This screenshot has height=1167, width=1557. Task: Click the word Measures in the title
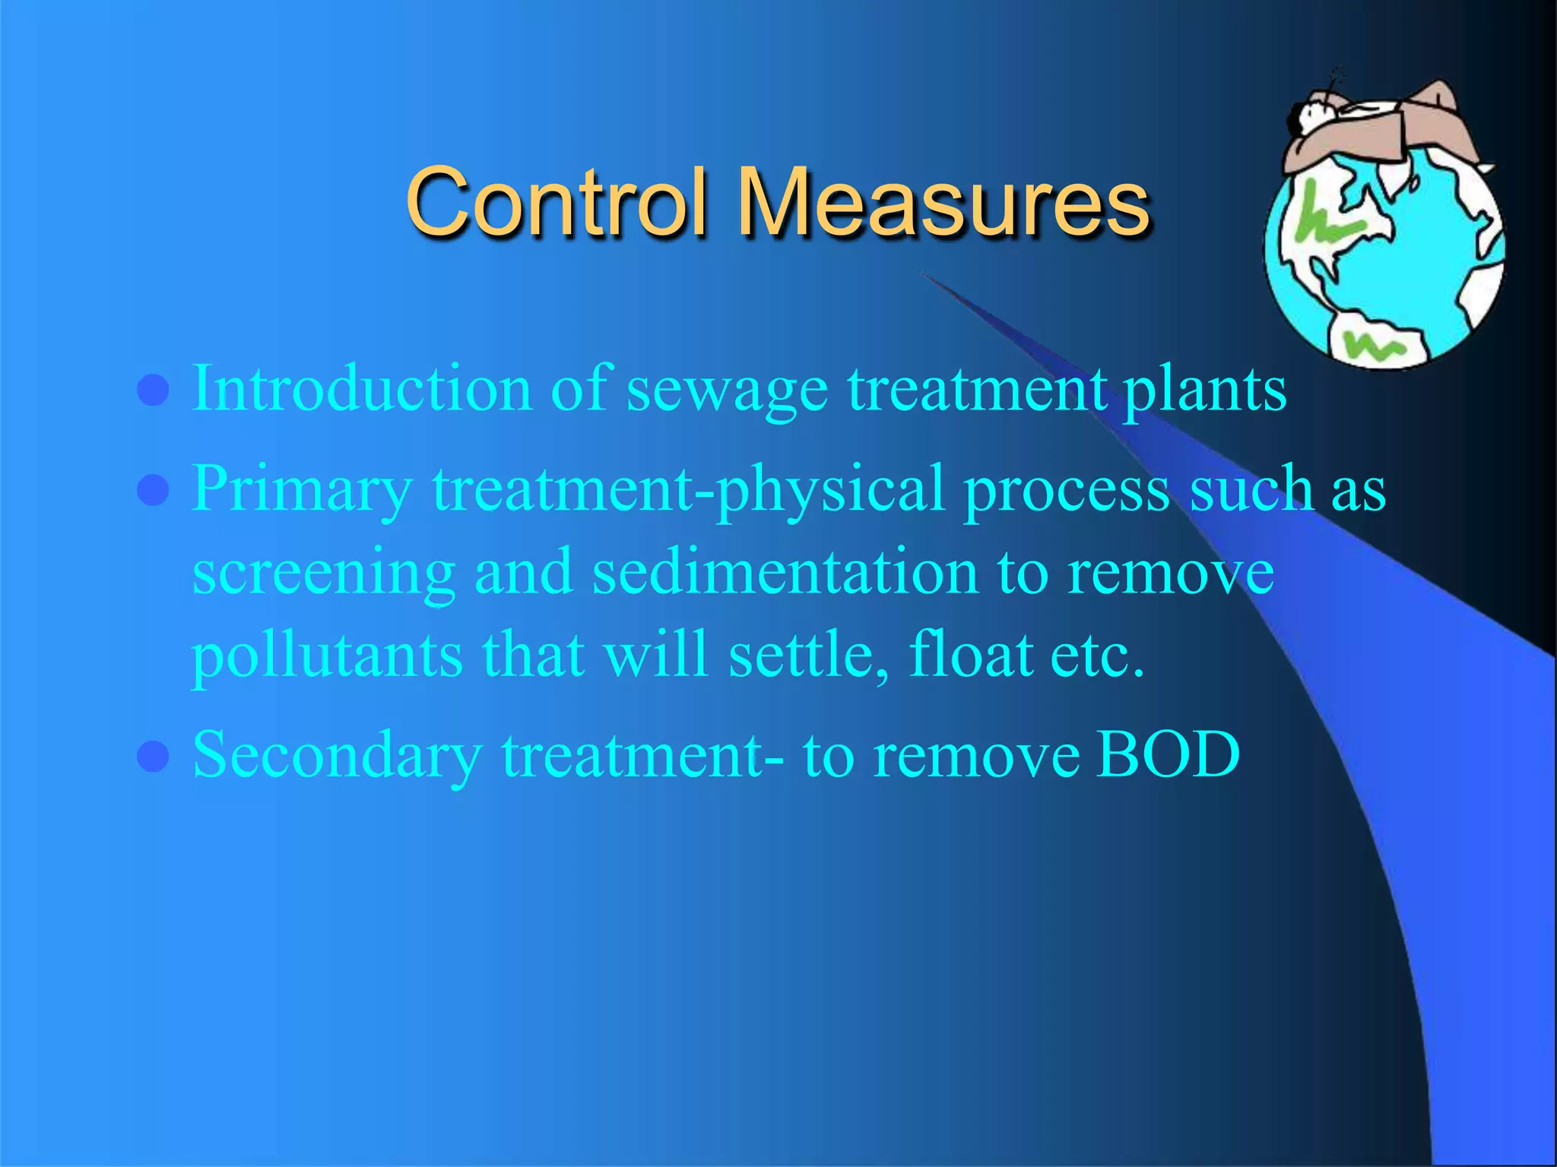(943, 202)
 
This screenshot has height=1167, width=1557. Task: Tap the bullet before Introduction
(153, 391)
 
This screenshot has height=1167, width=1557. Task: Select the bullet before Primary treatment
(153, 490)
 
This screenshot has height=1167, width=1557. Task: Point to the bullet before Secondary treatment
(153, 757)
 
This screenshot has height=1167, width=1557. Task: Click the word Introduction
(362, 389)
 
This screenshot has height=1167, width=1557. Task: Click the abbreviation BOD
(1168, 755)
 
